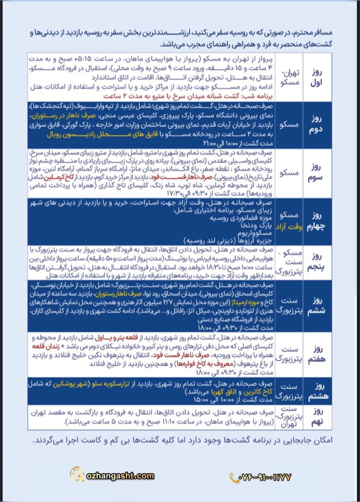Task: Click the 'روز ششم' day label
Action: [317, 306]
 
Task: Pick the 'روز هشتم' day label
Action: [317, 391]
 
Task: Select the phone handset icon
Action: [234, 477]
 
